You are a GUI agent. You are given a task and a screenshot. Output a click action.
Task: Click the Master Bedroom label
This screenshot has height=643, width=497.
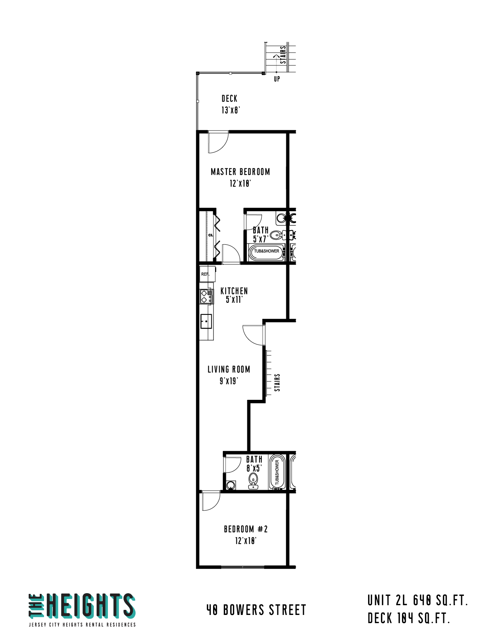240,171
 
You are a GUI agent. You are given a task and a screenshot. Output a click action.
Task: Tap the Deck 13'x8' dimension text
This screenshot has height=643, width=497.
230,110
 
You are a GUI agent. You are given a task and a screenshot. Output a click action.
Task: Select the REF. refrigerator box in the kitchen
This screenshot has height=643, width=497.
207,274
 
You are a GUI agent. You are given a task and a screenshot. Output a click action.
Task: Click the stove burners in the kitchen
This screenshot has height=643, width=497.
206,297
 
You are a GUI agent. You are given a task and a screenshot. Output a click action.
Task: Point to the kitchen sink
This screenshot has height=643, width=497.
206,321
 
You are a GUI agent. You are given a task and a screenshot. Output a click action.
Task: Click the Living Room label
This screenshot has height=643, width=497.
229,369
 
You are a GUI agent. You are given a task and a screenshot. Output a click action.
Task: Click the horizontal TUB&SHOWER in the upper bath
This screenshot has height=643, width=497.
266,251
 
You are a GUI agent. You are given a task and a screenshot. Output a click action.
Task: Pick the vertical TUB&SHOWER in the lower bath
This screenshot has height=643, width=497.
277,472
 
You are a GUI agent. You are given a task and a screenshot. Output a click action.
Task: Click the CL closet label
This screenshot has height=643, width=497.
210,235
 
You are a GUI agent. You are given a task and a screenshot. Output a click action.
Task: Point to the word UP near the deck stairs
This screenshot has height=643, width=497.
277,79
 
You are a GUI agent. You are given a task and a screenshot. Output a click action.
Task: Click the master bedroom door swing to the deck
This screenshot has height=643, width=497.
218,142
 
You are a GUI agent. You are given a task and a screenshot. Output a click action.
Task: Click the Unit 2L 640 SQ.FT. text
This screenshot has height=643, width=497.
418,601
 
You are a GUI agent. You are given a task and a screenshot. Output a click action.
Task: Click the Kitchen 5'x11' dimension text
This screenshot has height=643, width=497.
234,299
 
